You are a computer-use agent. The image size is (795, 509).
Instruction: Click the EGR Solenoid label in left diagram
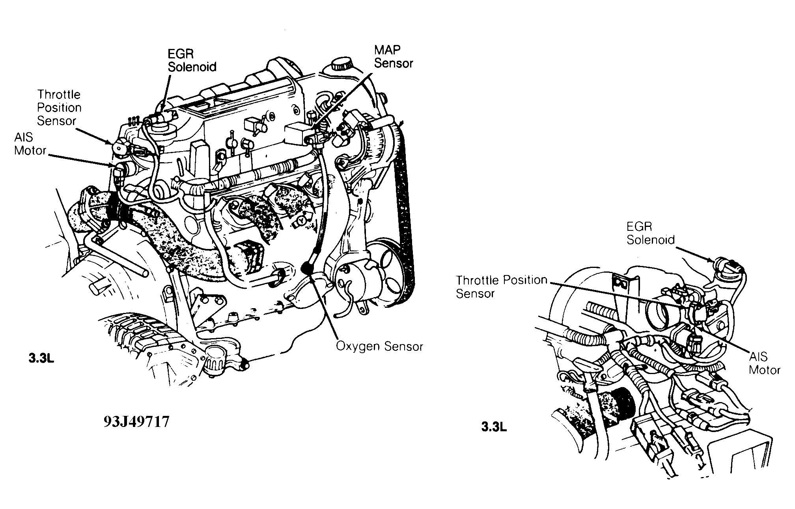coord(192,60)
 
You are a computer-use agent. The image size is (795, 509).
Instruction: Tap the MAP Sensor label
coord(393,56)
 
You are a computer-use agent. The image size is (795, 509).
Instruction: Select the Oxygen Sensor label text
coord(379,346)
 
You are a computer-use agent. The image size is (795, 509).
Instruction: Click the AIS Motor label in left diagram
coord(30,144)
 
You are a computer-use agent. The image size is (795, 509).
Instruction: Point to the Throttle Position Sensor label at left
coord(59,108)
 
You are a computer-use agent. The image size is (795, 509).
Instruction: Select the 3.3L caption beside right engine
coord(493,427)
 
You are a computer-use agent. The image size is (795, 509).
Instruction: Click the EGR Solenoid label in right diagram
coord(651,233)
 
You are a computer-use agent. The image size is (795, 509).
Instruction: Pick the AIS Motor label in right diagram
coord(764,363)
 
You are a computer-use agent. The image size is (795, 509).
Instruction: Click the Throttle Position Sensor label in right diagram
coord(501,286)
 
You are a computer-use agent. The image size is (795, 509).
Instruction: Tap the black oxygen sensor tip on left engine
coord(306,268)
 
